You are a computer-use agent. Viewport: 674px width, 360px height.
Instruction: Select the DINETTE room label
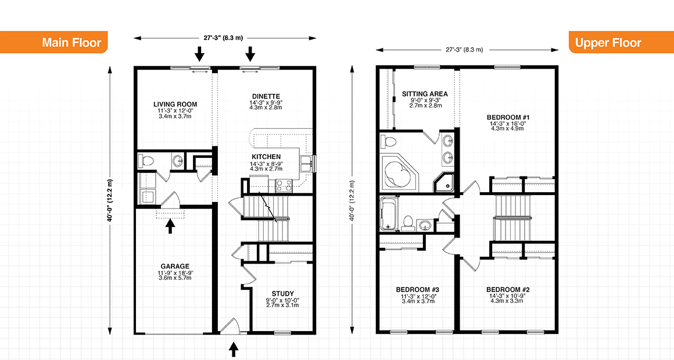[267, 96]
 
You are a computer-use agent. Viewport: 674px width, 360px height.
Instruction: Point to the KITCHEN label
[266, 157]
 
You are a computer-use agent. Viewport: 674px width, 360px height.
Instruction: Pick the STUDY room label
[282, 293]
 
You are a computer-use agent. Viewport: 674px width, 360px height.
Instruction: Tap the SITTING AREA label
[425, 93]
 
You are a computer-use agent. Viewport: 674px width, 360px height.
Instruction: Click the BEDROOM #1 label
[507, 117]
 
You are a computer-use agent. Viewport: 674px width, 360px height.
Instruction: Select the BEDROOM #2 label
[507, 290]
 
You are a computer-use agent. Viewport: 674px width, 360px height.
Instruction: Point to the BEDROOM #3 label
[417, 290]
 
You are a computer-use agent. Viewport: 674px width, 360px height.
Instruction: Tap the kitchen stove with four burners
[283, 185]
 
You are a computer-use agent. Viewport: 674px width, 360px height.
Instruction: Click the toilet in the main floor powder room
[148, 161]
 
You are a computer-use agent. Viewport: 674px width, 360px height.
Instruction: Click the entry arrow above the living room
[199, 54]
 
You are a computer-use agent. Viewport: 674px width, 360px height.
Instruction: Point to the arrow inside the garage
[170, 225]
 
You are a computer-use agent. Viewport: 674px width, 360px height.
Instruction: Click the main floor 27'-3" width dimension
[226, 38]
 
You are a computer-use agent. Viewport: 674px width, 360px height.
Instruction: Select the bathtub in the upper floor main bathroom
[387, 213]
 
